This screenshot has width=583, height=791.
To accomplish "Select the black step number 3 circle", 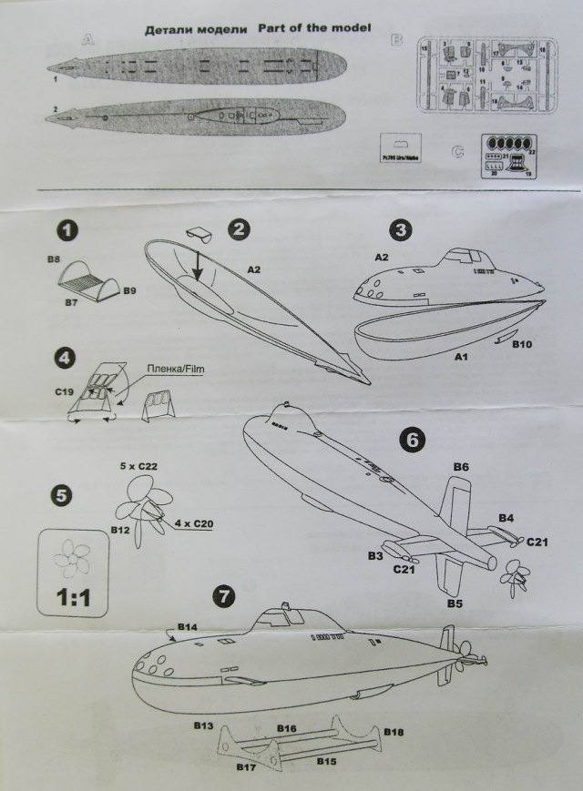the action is tap(403, 230).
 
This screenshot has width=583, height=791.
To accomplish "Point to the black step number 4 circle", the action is tap(65, 358).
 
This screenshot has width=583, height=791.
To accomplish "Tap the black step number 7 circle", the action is tap(223, 596).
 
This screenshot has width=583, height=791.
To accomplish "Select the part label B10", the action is tap(523, 346).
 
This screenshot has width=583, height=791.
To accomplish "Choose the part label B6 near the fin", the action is tap(461, 467).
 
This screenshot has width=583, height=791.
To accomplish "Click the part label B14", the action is tap(188, 627).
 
